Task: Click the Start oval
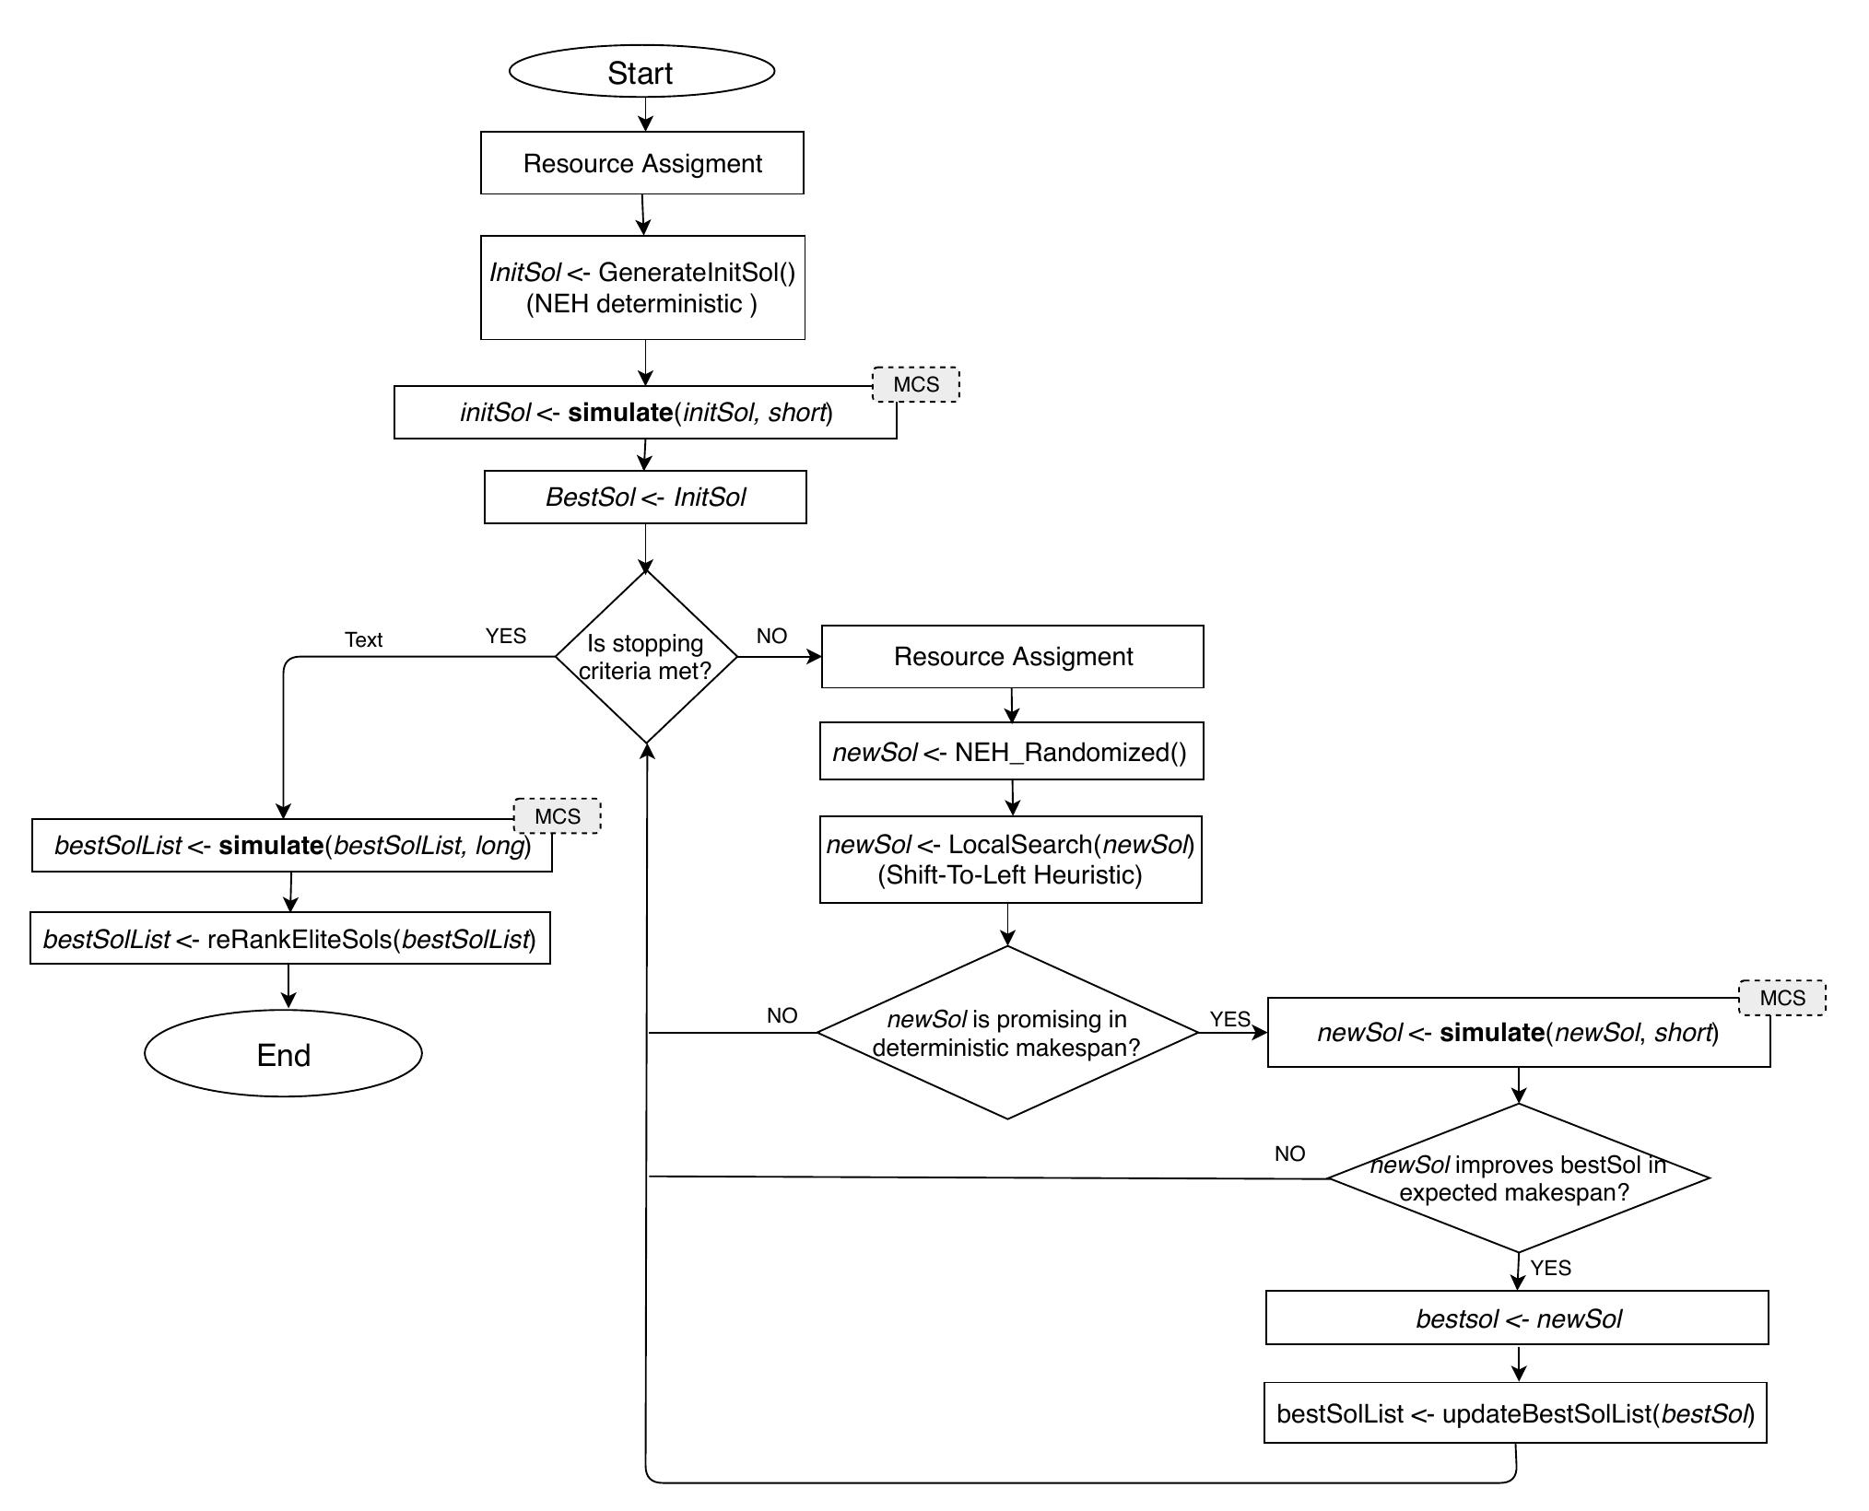click(641, 72)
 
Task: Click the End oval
click(283, 1054)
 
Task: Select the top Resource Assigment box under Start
click(641, 163)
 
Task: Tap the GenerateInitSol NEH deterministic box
click(641, 287)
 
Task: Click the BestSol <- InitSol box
click(645, 498)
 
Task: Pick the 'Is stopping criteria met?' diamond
click(646, 657)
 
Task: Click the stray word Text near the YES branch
click(363, 639)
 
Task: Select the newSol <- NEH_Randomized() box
click(1011, 752)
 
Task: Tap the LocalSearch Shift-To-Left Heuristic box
click(1010, 860)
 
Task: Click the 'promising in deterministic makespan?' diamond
click(1007, 1033)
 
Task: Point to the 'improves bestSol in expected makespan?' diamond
click(1518, 1177)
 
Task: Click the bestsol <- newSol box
click(1517, 1318)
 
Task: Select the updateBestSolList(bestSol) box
click(1515, 1413)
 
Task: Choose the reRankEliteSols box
click(289, 939)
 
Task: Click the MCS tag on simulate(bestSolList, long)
click(558, 816)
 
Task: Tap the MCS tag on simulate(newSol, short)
click(1781, 998)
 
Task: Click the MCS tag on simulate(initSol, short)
click(915, 384)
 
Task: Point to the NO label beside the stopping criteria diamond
click(771, 636)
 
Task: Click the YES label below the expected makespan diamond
click(1550, 1268)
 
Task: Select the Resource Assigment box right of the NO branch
click(1012, 657)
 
